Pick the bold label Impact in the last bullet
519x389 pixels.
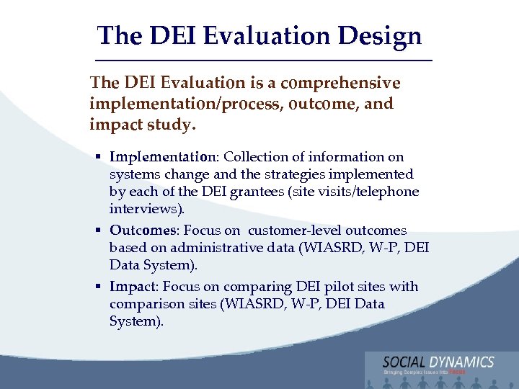coord(132,287)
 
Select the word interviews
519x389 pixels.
coord(146,209)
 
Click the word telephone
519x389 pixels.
coord(390,192)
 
